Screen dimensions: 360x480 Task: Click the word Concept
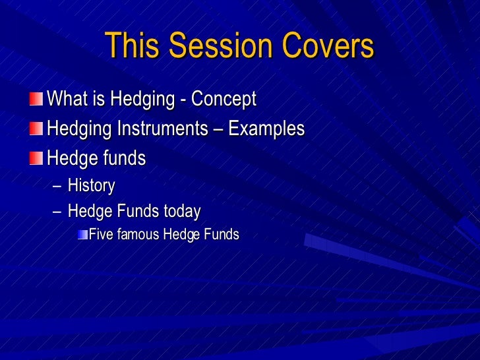[225, 100]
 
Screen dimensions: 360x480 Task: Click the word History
[91, 187]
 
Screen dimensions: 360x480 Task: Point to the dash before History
[57, 187]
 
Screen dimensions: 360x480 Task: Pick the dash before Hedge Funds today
[57, 212]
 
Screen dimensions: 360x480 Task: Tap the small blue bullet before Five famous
[82, 235]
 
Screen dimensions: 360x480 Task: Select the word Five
[100, 234]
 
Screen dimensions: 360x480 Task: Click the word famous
[138, 234]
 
